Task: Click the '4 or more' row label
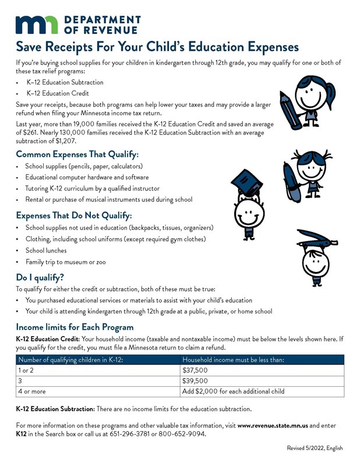32,391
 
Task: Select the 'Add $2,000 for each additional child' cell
233,391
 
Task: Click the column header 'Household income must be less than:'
233,359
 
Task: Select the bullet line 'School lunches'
46,250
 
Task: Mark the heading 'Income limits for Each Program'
75,326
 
